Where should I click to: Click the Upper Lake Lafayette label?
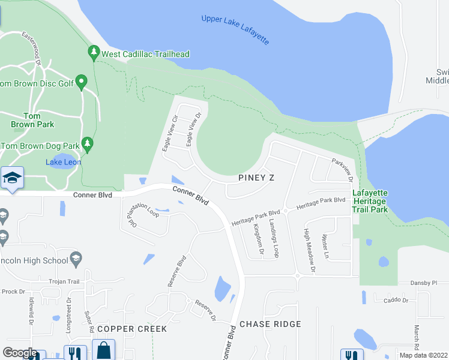[x=236, y=30]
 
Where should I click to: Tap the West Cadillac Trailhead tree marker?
[x=93, y=53]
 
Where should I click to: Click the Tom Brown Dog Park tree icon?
[x=88, y=144]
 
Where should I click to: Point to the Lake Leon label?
[x=63, y=162]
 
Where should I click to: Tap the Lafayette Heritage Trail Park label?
[x=369, y=201]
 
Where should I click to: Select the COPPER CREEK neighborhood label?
[x=131, y=329]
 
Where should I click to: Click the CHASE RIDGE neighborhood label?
[x=270, y=324]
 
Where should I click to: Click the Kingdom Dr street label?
[x=259, y=239]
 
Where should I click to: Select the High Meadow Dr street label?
[x=309, y=251]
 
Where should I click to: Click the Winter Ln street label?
[x=326, y=247]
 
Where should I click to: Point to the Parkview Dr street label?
[x=342, y=169]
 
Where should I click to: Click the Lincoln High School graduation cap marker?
[x=76, y=259]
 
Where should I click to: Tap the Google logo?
[x=19, y=353]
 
